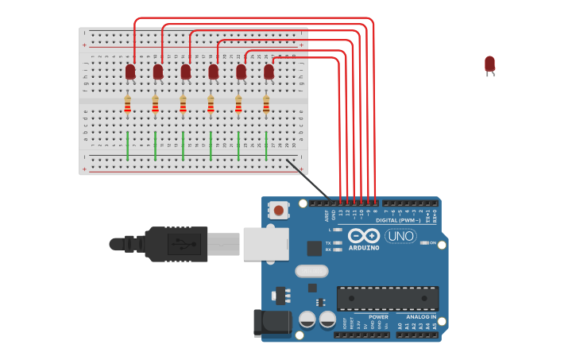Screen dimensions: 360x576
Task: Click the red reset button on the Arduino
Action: (x=279, y=211)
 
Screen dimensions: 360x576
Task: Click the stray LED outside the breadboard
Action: (x=489, y=64)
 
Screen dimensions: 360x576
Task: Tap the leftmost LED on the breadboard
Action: (x=130, y=72)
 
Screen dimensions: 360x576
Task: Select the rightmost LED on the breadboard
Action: (x=269, y=72)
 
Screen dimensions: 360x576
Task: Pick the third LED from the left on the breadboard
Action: (x=185, y=72)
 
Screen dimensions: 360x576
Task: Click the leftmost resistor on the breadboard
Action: (x=127, y=104)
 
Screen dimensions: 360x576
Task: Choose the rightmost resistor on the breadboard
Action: (x=266, y=104)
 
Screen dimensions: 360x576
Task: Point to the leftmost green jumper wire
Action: (x=127, y=146)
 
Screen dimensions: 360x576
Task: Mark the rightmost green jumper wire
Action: (x=266, y=146)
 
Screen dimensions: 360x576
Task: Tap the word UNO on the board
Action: (x=400, y=236)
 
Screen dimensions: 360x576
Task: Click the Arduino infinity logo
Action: (x=363, y=235)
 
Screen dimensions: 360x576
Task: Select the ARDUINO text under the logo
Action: (x=363, y=248)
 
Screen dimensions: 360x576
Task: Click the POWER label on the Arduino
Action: (x=378, y=317)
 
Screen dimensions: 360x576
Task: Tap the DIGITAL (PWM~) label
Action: (x=398, y=220)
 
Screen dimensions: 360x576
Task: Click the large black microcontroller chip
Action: (x=387, y=298)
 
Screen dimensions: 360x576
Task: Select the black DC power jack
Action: (x=273, y=322)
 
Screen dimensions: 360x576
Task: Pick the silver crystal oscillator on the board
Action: (x=311, y=271)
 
